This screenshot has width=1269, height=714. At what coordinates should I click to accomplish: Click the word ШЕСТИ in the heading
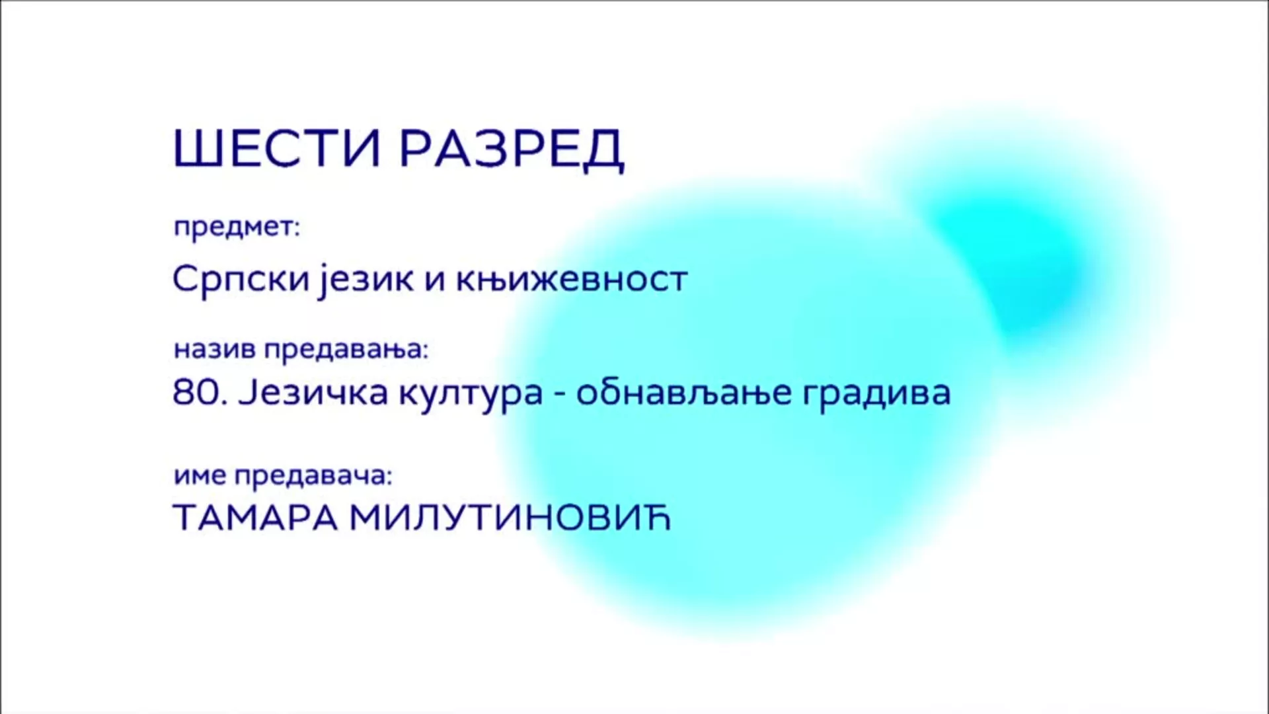[277, 149]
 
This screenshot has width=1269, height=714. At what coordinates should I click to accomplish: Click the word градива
[876, 395]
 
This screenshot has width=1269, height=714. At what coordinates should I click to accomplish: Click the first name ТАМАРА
[255, 518]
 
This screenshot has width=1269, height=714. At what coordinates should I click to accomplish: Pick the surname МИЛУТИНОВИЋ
[510, 518]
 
